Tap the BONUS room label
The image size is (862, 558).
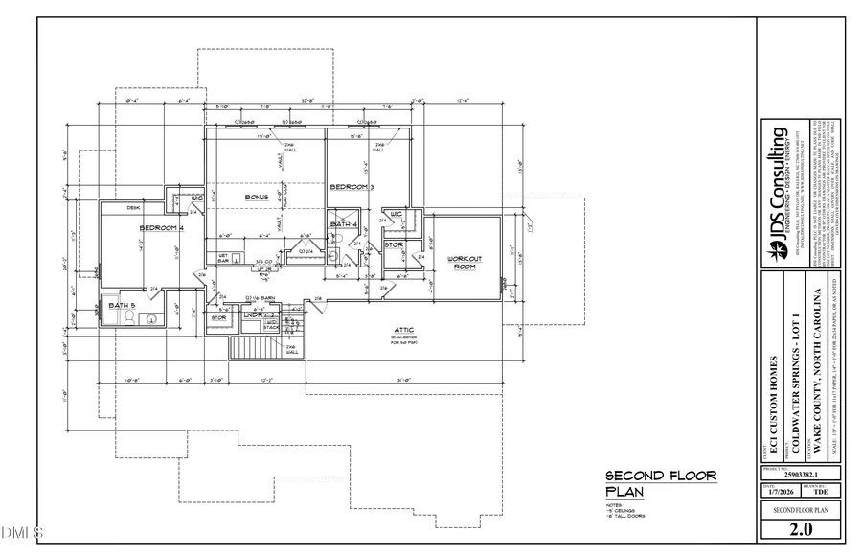point(256,197)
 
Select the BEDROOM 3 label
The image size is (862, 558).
point(352,187)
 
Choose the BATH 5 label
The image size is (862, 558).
point(121,305)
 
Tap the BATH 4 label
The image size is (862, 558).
point(343,224)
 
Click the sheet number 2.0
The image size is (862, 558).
point(802,529)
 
